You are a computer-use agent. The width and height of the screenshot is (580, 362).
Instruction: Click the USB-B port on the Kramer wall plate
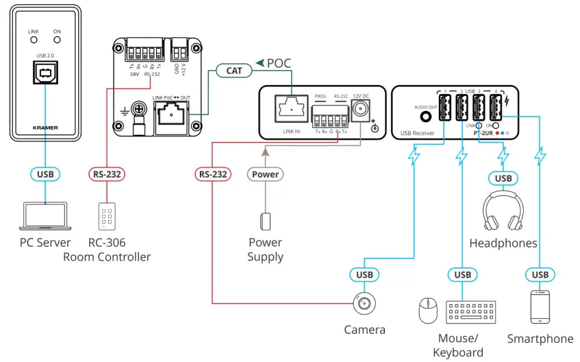pos(45,72)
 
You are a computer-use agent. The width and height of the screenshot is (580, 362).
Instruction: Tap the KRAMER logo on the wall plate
pos(45,127)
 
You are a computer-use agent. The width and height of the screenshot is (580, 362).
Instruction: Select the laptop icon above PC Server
pos(45,215)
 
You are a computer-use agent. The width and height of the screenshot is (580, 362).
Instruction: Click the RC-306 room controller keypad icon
pos(106,216)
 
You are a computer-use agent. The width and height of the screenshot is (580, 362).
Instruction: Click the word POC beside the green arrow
pos(279,63)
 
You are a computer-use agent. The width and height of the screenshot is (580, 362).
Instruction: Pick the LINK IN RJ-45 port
pos(291,108)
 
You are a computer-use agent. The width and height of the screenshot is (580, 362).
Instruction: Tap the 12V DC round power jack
pos(361,108)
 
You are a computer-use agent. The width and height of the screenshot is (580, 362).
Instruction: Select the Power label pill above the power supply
pos(266,174)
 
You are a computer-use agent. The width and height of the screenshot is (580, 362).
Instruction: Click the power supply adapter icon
pos(266,221)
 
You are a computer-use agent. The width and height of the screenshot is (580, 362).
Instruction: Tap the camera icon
pos(364,302)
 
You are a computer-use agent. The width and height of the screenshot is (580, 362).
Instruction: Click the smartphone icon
pos(540,307)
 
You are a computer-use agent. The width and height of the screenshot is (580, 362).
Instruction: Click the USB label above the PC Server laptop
pos(45,174)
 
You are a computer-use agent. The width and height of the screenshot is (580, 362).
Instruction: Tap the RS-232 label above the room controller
pos(106,174)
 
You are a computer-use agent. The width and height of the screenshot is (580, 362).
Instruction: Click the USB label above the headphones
pos(503,179)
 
